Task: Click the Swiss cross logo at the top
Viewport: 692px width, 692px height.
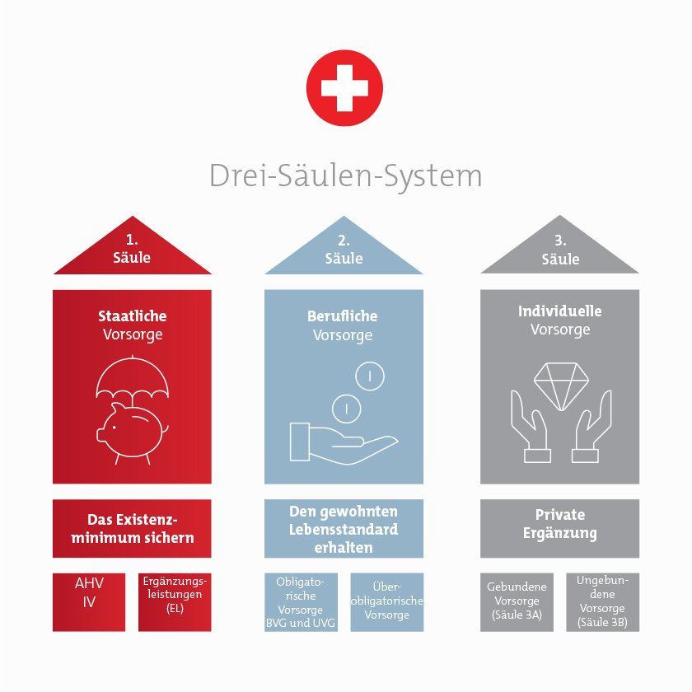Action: click(344, 88)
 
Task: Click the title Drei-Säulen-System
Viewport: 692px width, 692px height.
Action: click(345, 176)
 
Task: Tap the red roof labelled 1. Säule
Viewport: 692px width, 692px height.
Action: click(133, 245)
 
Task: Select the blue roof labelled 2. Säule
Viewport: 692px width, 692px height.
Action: click(344, 245)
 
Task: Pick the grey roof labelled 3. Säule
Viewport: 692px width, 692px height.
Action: click(560, 244)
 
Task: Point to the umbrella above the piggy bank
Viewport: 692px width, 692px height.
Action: click(133, 378)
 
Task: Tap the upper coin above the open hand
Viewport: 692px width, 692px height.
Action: click(370, 376)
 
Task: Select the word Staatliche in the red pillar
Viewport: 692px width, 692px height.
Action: click(133, 316)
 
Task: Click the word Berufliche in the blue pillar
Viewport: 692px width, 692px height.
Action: click(343, 316)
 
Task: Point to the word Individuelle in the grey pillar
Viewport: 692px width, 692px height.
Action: click(560, 311)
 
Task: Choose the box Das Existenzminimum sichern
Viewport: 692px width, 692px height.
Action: click(132, 528)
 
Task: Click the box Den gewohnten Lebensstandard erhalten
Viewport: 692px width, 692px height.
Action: click(344, 529)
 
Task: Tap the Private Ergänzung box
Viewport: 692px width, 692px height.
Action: click(559, 529)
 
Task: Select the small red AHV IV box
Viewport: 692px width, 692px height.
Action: click(89, 602)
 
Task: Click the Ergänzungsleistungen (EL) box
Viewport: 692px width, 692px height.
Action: click(175, 602)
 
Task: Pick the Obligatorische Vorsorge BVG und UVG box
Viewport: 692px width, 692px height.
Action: click(301, 602)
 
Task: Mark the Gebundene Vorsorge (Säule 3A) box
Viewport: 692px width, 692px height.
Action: click(517, 602)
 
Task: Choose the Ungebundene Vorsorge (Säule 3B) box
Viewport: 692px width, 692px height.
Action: click(603, 602)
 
